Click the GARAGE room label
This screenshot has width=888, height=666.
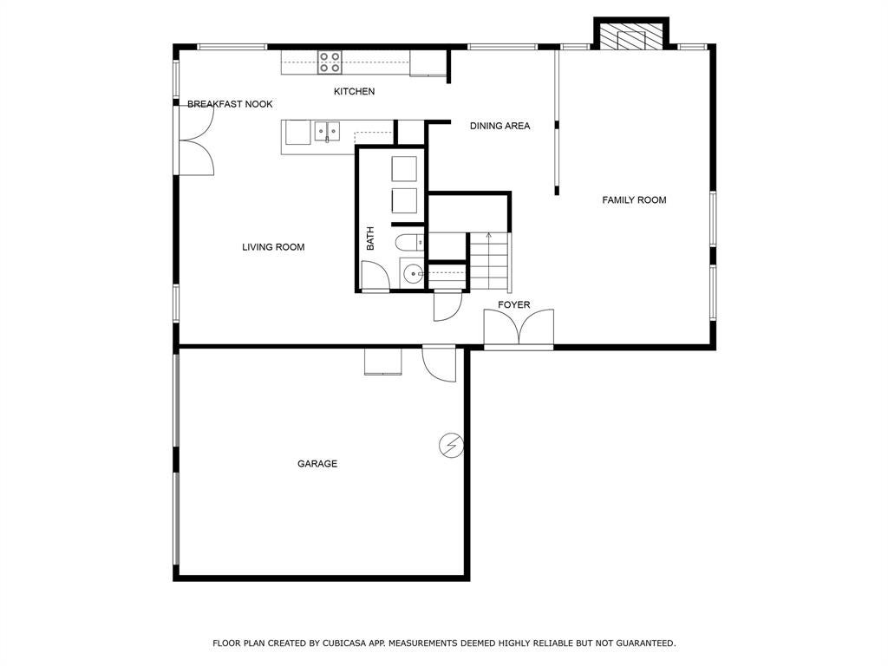click(317, 464)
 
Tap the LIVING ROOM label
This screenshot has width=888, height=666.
click(273, 247)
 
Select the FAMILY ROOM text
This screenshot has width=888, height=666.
click(634, 200)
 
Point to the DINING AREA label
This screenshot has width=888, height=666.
click(499, 126)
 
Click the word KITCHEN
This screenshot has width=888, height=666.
click(354, 91)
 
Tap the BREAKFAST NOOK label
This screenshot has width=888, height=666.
click(230, 104)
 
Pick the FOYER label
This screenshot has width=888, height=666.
click(513, 304)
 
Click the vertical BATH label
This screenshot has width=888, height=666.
click(370, 238)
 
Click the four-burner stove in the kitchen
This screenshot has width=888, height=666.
click(329, 62)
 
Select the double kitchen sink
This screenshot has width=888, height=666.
click(327, 132)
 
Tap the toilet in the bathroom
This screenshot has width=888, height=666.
click(409, 243)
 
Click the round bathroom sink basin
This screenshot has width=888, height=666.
click(414, 275)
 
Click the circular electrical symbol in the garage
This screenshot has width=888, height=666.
click(451, 446)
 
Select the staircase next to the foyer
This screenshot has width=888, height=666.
click(489, 261)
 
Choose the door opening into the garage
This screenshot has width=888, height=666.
click(439, 363)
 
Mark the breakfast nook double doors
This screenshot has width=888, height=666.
click(196, 140)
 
